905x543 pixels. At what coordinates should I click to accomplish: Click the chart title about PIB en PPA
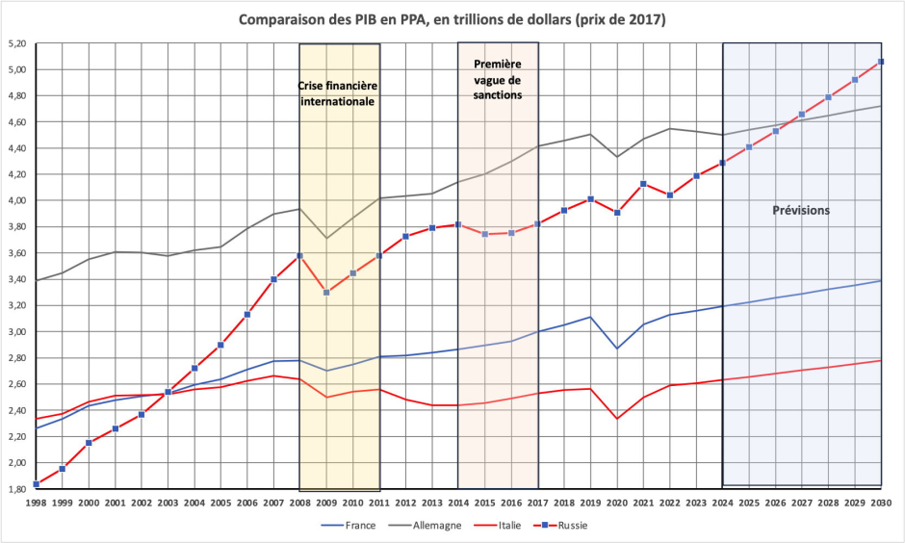click(452, 19)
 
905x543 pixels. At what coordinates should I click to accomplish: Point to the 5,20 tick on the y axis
click(15, 44)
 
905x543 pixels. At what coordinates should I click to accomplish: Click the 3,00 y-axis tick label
click(15, 332)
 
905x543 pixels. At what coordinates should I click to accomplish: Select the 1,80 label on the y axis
click(15, 489)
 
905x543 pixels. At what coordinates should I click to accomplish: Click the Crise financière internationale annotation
click(337, 92)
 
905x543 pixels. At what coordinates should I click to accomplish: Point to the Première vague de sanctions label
click(498, 79)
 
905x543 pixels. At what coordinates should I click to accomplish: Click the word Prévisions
click(802, 210)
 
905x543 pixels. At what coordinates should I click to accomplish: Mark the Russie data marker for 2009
click(326, 292)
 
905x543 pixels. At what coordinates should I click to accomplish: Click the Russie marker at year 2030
click(881, 62)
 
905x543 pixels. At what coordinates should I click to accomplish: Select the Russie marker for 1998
click(37, 483)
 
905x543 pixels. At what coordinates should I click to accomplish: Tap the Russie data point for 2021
click(643, 184)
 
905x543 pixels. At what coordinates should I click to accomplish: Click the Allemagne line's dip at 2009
click(326, 238)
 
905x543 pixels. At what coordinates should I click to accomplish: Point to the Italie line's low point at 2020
click(617, 418)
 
